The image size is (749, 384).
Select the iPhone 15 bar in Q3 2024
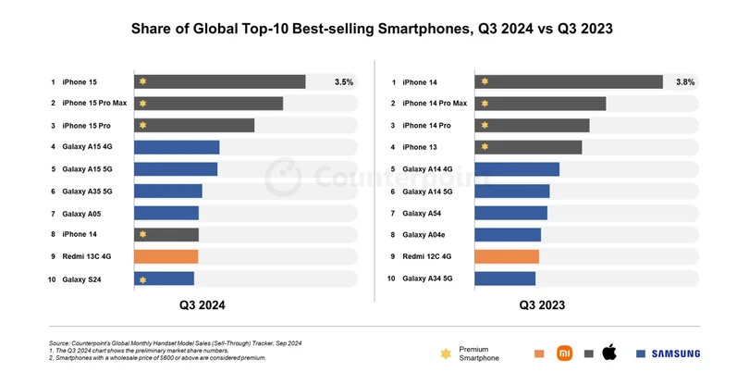[x=220, y=81]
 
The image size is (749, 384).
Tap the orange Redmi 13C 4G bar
[x=166, y=256]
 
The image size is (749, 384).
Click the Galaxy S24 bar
[x=165, y=279]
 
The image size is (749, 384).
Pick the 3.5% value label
[x=344, y=82]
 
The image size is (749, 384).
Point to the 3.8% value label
[x=685, y=82]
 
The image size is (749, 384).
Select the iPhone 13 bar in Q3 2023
[x=528, y=147]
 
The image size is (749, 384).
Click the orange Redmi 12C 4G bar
[x=507, y=256]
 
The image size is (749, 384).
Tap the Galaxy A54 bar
[x=510, y=213]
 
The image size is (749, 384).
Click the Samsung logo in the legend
[x=675, y=353]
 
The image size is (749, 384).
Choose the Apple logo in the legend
[x=609, y=353]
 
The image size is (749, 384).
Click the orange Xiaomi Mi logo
[x=564, y=353]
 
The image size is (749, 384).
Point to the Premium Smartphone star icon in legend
[x=448, y=353]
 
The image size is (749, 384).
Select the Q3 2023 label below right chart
[x=543, y=304]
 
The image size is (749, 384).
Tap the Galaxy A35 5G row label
[x=87, y=191]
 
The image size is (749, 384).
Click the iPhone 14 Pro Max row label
[x=436, y=104]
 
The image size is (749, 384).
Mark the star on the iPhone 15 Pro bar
[x=142, y=125]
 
